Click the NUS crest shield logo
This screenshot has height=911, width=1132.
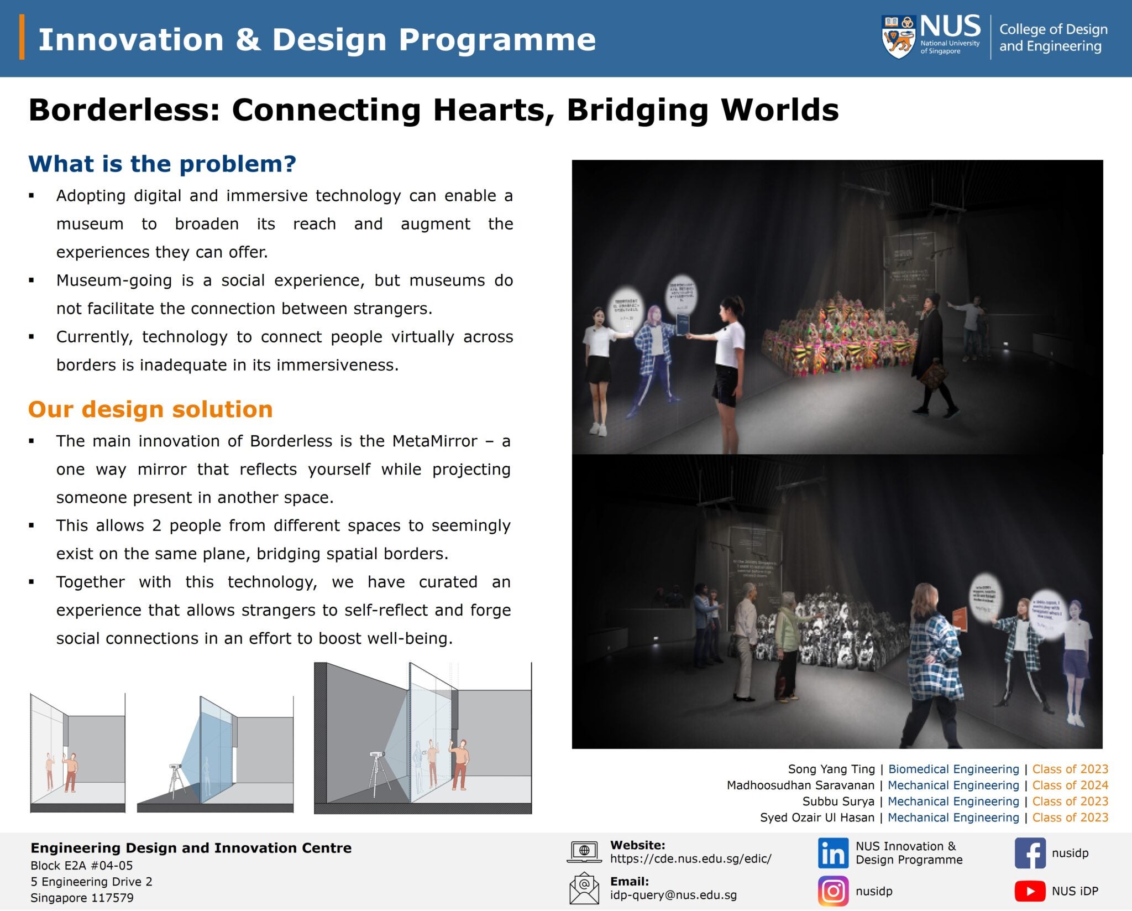click(x=898, y=37)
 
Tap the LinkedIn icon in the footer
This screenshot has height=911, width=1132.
click(x=832, y=853)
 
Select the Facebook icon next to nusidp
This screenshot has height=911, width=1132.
click(x=1030, y=853)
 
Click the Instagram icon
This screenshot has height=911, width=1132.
click(x=832, y=891)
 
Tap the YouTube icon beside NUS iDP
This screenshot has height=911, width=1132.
click(x=1030, y=891)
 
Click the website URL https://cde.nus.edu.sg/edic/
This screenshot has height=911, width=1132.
click(x=690, y=858)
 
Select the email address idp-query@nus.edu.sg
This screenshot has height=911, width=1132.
click(x=673, y=895)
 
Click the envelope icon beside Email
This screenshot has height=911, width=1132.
click(x=584, y=888)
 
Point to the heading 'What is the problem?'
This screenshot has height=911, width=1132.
click(x=162, y=164)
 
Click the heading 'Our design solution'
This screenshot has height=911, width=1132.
click(x=150, y=409)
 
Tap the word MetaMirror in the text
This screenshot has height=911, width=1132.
click(x=434, y=441)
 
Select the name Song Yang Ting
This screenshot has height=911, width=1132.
click(x=831, y=769)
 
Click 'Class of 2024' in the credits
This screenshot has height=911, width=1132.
click(x=1070, y=785)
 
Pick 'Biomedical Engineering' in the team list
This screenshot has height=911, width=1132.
click(x=953, y=769)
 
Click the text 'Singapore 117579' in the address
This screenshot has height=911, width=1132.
click(x=82, y=898)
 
